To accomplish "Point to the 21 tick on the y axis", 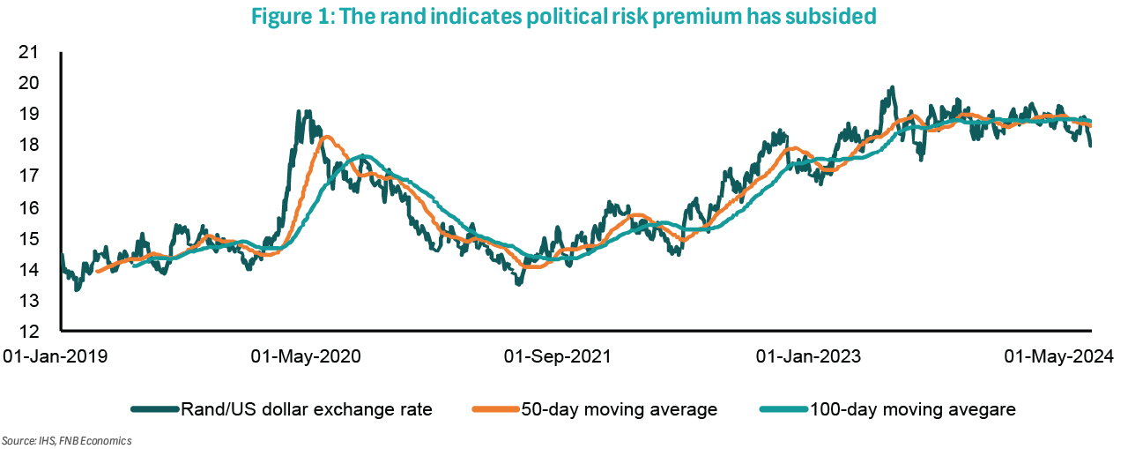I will (29, 52).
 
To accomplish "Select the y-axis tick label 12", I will (29, 332).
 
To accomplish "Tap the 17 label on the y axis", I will (29, 176).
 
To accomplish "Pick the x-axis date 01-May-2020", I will (306, 357).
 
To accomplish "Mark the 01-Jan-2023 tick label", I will (809, 357).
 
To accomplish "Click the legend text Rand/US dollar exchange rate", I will (307, 409).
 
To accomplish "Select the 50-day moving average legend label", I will (619, 409).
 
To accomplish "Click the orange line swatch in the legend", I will (495, 409).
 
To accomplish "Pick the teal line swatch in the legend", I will (783, 409).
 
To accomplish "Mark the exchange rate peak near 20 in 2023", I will (892, 87).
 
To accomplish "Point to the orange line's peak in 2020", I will (325, 136).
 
